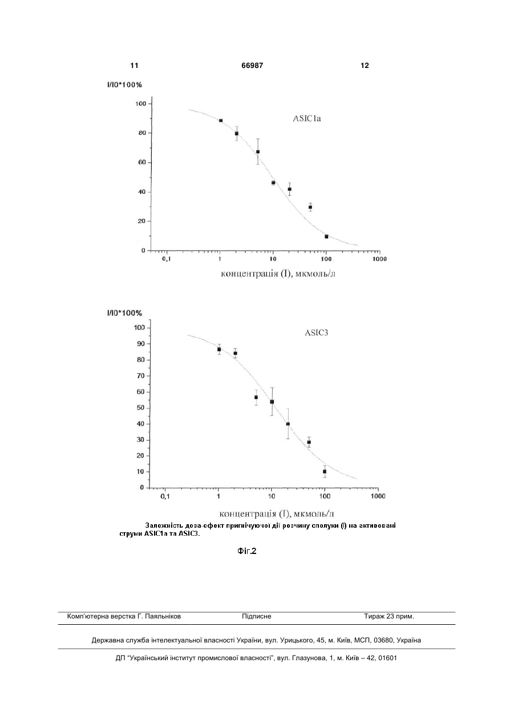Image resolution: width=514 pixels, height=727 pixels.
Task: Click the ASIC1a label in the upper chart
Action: [307, 118]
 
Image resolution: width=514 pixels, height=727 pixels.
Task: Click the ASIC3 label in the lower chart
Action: [316, 333]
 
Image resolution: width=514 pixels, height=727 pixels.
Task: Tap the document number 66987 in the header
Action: [252, 66]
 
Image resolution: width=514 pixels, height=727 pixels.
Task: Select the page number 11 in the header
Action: [134, 66]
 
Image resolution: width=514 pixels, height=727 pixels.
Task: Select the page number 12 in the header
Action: [365, 66]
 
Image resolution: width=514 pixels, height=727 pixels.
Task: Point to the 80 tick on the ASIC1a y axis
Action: [142, 132]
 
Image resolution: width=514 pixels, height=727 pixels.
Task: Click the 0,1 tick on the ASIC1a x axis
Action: [167, 259]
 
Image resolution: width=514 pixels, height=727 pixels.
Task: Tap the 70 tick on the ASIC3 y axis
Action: [140, 376]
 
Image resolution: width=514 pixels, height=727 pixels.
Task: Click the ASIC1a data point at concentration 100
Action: [326, 236]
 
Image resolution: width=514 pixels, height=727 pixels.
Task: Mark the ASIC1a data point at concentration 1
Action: [221, 121]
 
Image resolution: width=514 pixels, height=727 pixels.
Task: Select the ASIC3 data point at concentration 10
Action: [272, 402]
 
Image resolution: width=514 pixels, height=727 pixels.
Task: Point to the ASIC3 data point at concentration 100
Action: [325, 472]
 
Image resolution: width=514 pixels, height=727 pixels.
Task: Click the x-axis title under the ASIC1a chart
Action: [278, 274]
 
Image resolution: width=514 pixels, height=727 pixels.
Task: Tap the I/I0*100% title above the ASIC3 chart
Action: [124, 313]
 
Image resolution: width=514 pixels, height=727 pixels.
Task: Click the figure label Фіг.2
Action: [247, 551]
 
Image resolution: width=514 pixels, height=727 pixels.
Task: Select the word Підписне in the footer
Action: [257, 616]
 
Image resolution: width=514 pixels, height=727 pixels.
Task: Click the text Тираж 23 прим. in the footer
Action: [389, 616]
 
